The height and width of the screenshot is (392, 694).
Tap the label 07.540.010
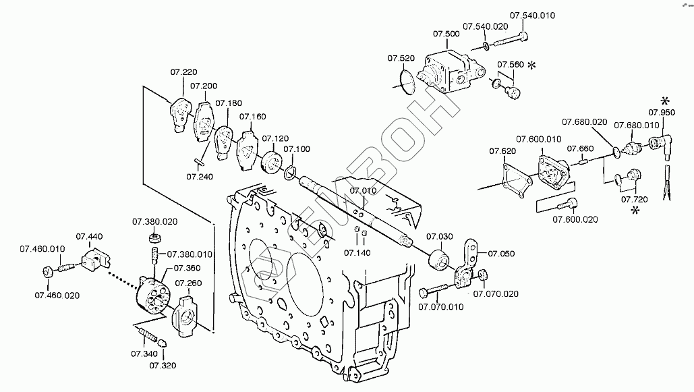pos(532,16)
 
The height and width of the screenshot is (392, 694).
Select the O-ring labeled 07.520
pos(405,82)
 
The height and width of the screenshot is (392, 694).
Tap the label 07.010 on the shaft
pos(363,191)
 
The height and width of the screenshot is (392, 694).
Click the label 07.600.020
pos(575,219)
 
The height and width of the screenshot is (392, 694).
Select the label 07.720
pos(633,200)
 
